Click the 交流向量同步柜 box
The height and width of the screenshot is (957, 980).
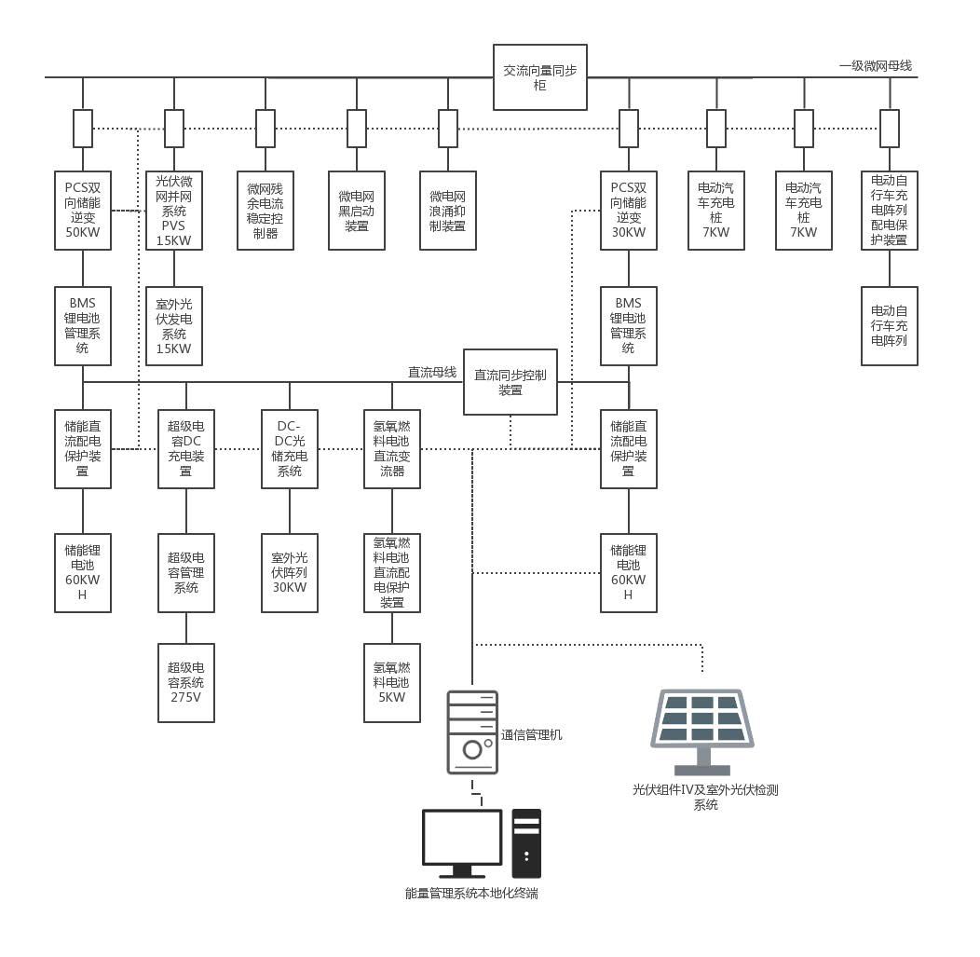(x=540, y=77)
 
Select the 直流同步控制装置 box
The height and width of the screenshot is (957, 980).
(x=510, y=382)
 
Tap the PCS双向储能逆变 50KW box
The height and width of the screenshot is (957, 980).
(x=83, y=210)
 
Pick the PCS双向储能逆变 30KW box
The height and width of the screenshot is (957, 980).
(x=629, y=210)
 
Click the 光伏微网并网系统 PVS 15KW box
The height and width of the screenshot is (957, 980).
(x=174, y=210)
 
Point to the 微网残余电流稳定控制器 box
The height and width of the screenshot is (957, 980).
(x=265, y=210)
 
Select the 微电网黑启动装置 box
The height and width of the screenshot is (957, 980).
(x=356, y=210)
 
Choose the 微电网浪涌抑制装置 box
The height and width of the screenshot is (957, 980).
(x=447, y=210)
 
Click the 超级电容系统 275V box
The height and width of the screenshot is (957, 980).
(x=186, y=682)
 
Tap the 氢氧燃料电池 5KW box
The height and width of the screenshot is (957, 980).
(x=392, y=682)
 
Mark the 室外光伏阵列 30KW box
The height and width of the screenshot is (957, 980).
(x=290, y=572)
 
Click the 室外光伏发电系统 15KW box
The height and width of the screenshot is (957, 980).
(x=174, y=326)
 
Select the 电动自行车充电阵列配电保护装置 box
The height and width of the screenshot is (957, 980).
(x=890, y=210)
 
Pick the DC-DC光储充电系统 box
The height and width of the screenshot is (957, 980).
(x=290, y=449)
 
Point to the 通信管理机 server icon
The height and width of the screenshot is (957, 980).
(x=472, y=731)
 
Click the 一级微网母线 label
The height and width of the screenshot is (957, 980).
(x=875, y=65)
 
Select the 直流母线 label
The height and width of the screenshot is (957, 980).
(x=432, y=372)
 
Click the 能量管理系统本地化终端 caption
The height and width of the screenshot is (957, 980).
(x=471, y=894)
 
